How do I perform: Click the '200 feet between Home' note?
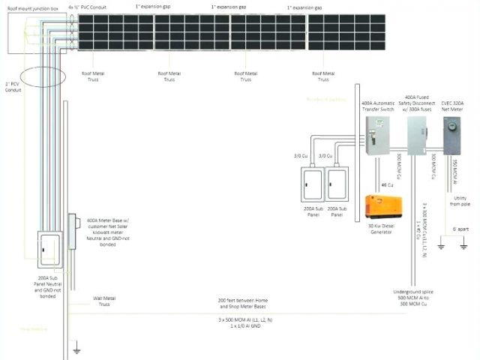click(242, 303)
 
